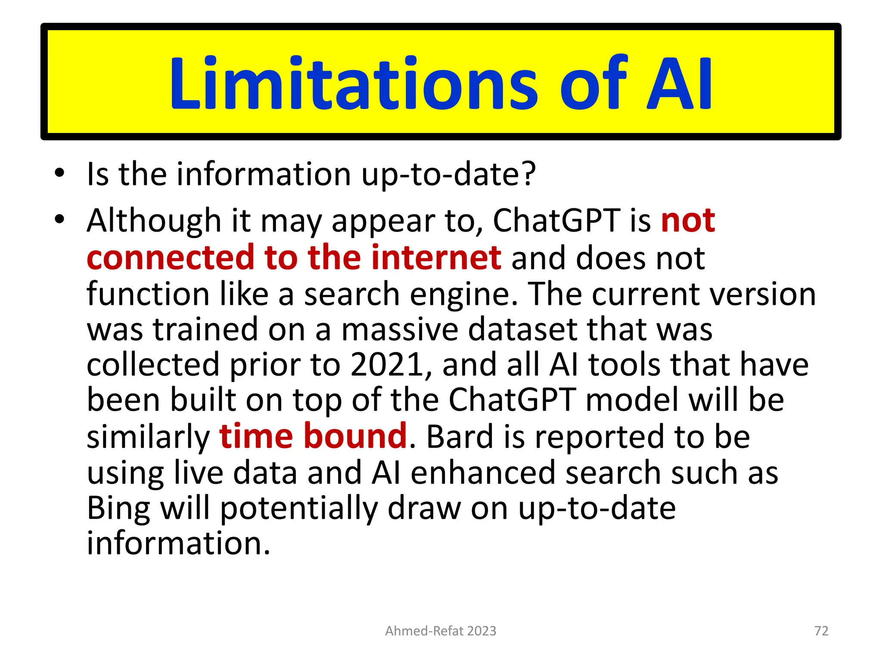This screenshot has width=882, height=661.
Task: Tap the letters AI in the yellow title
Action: [680, 84]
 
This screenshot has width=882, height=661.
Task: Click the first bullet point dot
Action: [59, 173]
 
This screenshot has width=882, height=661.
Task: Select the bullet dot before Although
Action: [59, 219]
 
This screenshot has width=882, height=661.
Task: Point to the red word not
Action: [688, 220]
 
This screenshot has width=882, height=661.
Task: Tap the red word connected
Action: [171, 257]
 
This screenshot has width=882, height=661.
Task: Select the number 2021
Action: [387, 364]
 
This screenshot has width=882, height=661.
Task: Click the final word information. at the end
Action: [178, 543]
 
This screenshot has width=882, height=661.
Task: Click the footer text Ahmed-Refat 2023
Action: [441, 631]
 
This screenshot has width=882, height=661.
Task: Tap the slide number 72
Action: [821, 631]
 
